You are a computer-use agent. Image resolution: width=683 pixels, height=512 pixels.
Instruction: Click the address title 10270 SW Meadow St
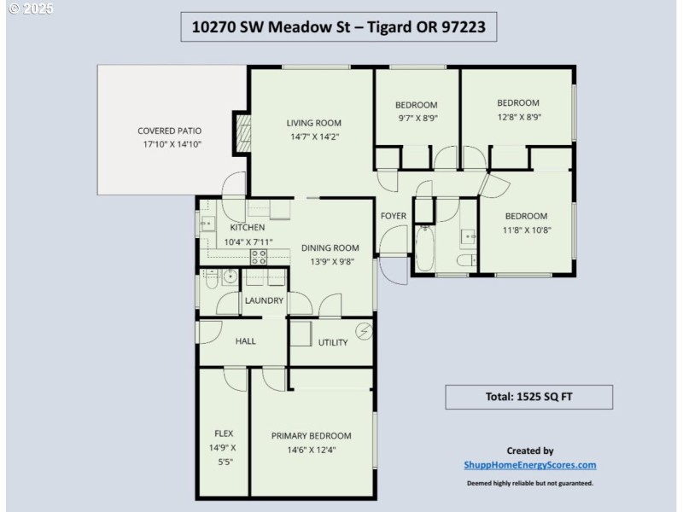(338, 26)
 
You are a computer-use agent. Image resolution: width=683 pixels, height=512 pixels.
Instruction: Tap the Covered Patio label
(169, 131)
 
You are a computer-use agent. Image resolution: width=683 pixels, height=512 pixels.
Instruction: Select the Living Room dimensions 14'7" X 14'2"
(313, 136)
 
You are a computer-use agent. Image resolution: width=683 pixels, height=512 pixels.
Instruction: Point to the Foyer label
(393, 216)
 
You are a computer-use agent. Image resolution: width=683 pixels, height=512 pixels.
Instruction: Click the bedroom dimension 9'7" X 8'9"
(417, 119)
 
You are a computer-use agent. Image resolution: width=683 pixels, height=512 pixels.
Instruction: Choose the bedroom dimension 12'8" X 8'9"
(518, 117)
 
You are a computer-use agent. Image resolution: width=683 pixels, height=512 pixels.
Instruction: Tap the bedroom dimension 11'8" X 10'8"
(525, 230)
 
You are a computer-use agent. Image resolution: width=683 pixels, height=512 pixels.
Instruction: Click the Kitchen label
(247, 228)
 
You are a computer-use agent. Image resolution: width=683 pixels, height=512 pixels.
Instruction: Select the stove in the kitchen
(259, 255)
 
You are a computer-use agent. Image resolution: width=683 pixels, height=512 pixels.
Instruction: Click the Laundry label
(264, 300)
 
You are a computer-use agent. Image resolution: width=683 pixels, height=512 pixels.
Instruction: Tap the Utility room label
(332, 343)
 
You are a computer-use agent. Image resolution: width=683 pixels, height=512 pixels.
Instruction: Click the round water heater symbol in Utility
(365, 330)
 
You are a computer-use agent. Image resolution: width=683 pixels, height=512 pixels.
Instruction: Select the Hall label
(245, 341)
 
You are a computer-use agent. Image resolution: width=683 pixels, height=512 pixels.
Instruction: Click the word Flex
(224, 433)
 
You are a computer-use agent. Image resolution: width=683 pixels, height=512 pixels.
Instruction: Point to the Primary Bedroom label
(311, 436)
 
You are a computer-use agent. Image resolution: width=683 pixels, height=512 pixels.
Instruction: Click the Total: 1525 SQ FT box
(528, 397)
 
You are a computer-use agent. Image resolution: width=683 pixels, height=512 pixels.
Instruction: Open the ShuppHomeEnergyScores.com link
(529, 465)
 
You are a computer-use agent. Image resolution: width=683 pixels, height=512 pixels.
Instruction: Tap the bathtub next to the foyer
(424, 246)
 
